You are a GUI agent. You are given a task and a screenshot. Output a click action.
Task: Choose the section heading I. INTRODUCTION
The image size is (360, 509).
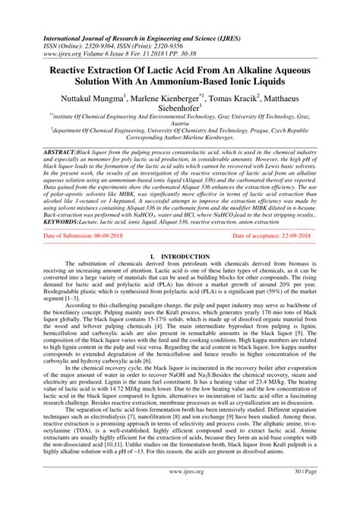[180, 259]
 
